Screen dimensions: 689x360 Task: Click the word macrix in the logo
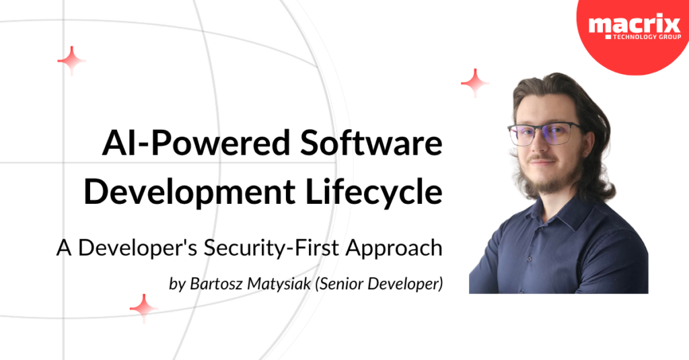634,25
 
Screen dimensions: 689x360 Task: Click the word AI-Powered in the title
196,143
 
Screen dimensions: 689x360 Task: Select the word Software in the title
371,143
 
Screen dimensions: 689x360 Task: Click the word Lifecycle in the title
374,192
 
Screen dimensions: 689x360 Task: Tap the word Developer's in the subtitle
137,248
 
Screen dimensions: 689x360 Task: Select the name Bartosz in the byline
216,284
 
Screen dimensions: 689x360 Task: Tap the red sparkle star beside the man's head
474,83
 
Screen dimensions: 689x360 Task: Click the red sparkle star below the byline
143,308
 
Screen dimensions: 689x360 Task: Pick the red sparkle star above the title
71,61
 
